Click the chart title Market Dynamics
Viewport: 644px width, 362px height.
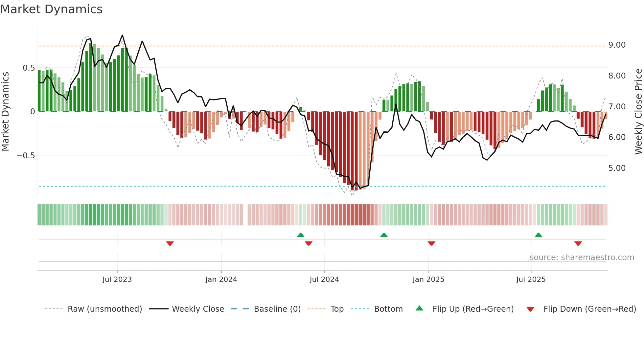pyautogui.click(x=51, y=9)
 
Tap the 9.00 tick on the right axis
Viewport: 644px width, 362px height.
pyautogui.click(x=617, y=45)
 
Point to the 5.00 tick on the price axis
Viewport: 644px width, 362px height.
pyautogui.click(x=617, y=168)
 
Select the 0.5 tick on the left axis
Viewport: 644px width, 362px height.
pyautogui.click(x=29, y=68)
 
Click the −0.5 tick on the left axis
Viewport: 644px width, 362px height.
pyautogui.click(x=26, y=156)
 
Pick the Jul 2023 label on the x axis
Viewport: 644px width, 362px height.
pyautogui.click(x=117, y=280)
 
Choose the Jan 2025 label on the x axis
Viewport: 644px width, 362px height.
pyautogui.click(x=428, y=280)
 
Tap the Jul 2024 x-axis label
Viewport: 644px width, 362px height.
pyautogui.click(x=324, y=280)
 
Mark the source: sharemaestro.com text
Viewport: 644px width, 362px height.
pyautogui.click(x=582, y=258)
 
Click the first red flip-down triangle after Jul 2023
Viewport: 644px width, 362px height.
pyautogui.click(x=170, y=243)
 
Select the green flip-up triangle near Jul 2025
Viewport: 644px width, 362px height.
pyautogui.click(x=538, y=235)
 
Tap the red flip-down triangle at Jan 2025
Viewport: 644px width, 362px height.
pyautogui.click(x=431, y=243)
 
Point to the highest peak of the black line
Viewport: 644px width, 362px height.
pyautogui.click(x=122, y=35)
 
